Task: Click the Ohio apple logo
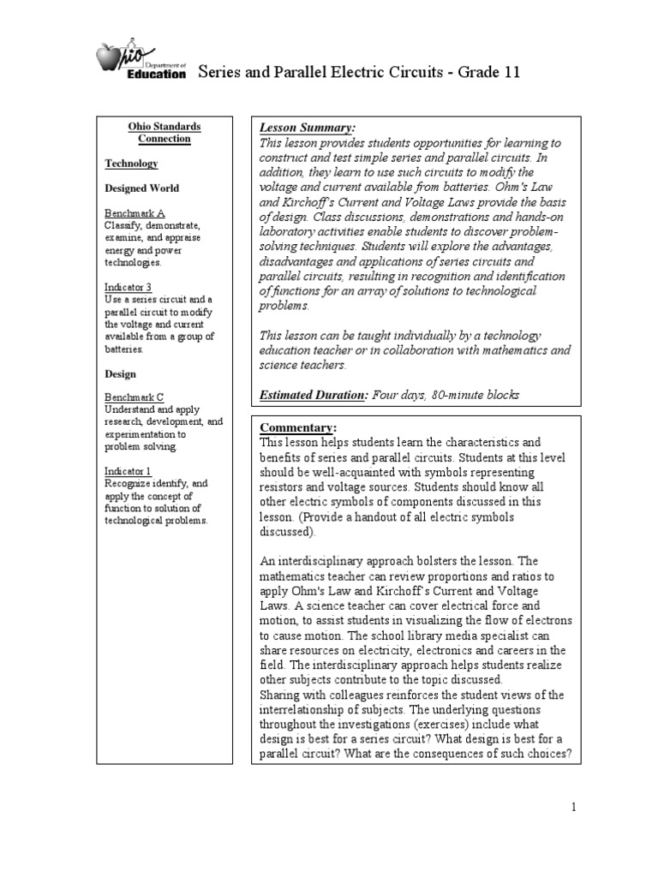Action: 111,62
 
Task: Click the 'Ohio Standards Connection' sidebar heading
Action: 164,133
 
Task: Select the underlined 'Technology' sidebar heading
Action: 131,163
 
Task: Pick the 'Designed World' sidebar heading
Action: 142,188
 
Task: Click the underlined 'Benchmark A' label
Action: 135,213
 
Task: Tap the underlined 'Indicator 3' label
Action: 129,288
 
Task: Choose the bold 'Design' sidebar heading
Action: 121,374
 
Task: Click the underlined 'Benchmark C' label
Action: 135,397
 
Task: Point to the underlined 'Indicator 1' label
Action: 129,472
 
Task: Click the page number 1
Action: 576,807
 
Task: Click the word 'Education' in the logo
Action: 156,75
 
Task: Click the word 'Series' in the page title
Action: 220,72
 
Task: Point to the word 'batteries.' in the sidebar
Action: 125,349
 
